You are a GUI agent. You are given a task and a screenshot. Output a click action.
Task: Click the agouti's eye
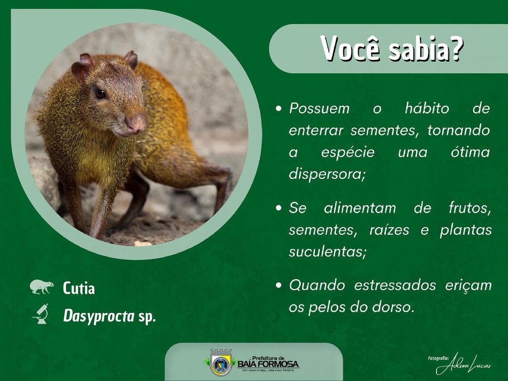click(100, 94)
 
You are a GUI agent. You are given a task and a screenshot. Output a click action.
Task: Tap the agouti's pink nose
click(136, 123)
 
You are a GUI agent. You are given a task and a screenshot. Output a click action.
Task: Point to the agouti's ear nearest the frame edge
click(81, 66)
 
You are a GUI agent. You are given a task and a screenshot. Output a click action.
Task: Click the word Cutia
click(79, 288)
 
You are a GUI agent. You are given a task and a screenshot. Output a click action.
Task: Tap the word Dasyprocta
click(98, 316)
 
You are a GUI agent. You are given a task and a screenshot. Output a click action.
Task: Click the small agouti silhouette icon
click(41, 287)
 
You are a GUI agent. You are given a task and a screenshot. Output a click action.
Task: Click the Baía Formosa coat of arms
click(221, 362)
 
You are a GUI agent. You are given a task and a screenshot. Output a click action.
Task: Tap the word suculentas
click(327, 252)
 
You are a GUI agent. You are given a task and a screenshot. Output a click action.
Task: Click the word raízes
click(389, 230)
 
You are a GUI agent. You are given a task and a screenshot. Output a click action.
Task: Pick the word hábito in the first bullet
click(427, 108)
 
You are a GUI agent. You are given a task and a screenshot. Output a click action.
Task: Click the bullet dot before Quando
click(278, 286)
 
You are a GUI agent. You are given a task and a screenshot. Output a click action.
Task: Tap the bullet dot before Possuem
click(278, 109)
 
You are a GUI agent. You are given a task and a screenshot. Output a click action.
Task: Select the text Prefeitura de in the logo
click(268, 358)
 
